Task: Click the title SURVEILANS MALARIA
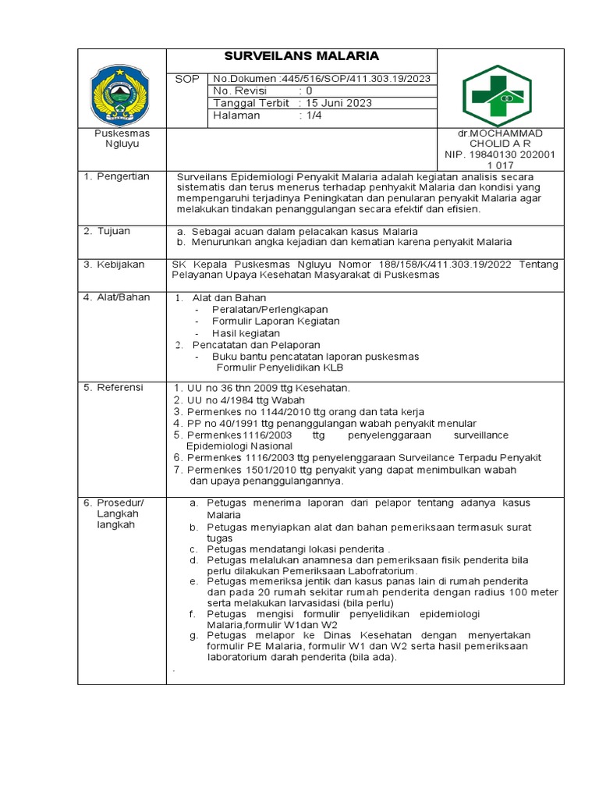pyautogui.click(x=302, y=56)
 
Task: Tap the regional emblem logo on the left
pyautogui.click(x=122, y=94)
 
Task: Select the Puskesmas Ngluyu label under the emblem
pyautogui.click(x=122, y=139)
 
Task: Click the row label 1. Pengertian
pyautogui.click(x=116, y=177)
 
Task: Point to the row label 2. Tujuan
pyautogui.click(x=108, y=232)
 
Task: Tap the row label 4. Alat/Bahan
pyautogui.click(x=116, y=297)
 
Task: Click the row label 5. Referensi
pyautogui.click(x=114, y=387)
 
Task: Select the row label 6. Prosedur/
pyautogui.click(x=114, y=502)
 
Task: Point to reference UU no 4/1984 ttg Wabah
pyautogui.click(x=239, y=400)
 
